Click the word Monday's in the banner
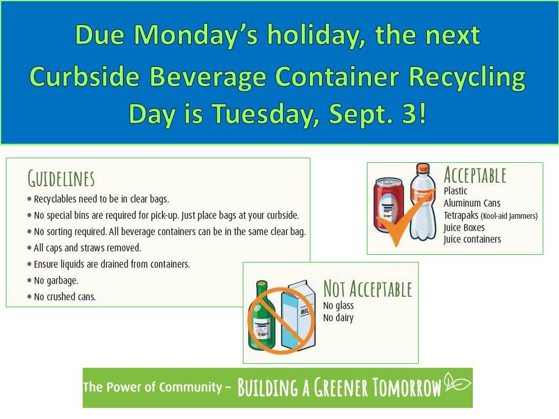tap(196, 35)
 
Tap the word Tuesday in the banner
tap(266, 115)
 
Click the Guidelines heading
tap(61, 179)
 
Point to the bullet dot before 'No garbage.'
tap(29, 280)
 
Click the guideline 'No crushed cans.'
tap(65, 296)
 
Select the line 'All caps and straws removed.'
tap(87, 248)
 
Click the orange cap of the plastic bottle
tap(423, 169)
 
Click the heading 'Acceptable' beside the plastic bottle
tap(475, 175)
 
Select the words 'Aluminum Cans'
tap(472, 203)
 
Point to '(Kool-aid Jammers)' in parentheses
tap(509, 216)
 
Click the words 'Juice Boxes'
tap(464, 228)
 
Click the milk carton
tap(299, 314)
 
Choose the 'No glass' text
tap(338, 306)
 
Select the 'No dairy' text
tap(338, 318)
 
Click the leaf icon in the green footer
tap(458, 382)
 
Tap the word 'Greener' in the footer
tap(341, 388)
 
